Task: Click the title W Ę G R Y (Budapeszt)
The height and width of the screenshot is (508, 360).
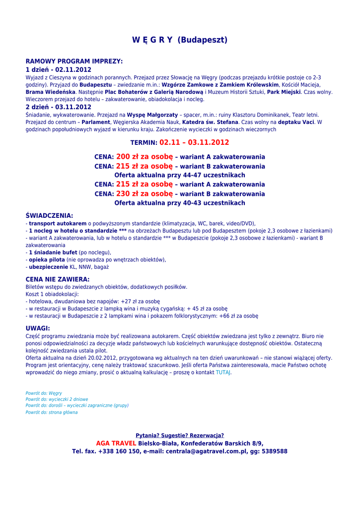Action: click(180, 40)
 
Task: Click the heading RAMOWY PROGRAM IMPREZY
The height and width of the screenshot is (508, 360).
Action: click(74, 61)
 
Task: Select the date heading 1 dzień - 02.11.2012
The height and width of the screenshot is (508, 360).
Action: click(59, 69)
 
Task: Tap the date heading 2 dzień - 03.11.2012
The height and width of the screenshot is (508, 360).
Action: click(59, 107)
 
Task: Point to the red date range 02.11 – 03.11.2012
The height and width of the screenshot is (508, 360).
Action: click(194, 142)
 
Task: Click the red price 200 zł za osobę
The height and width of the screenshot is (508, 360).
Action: click(144, 157)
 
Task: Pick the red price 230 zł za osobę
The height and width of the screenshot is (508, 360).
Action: click(144, 194)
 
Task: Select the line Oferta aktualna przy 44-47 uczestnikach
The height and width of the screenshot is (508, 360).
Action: click(180, 175)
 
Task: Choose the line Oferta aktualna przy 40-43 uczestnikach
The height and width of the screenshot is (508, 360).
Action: click(180, 203)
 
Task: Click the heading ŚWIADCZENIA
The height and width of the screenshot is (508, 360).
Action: click(49, 216)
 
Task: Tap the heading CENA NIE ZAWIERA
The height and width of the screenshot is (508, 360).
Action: click(58, 279)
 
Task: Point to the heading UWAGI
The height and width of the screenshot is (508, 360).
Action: click(38, 328)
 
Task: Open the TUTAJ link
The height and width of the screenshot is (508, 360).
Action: click(222, 372)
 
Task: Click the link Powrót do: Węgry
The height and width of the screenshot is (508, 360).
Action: click(44, 393)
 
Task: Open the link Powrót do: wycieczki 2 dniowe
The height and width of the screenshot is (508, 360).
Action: click(57, 399)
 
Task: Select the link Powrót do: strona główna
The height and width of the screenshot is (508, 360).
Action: click(52, 412)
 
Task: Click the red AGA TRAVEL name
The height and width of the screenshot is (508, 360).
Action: click(116, 443)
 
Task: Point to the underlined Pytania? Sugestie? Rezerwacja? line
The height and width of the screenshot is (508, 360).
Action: click(180, 435)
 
